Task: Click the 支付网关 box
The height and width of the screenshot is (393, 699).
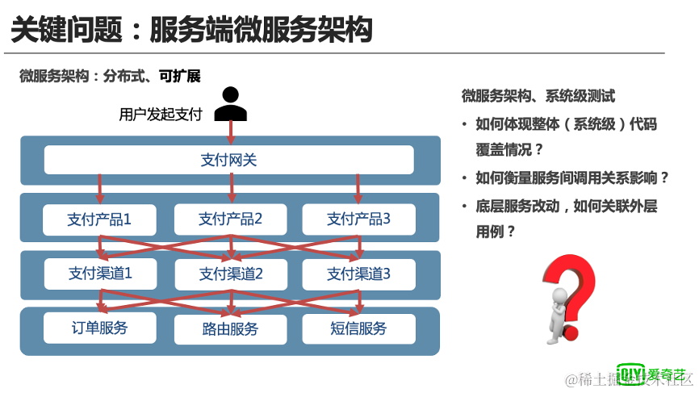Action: [x=228, y=160]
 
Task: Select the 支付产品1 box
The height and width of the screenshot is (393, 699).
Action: [x=99, y=219]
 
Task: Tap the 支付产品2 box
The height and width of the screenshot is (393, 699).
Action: [x=231, y=219]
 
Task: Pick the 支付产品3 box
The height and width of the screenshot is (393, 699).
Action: [x=358, y=219]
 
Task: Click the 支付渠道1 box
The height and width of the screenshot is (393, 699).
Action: [x=99, y=274]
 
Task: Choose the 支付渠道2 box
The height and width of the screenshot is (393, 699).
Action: [x=231, y=274]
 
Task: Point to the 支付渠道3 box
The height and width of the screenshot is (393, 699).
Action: [x=358, y=274]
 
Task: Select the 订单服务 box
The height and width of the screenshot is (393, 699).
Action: [x=99, y=328]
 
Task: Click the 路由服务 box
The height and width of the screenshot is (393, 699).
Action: [x=231, y=328]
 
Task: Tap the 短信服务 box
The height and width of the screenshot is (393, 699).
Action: [x=358, y=328]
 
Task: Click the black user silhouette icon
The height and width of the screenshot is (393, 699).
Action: [x=231, y=103]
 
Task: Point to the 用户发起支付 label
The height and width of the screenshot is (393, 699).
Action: [x=161, y=115]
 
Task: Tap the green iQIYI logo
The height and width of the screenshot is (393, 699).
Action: [x=651, y=374]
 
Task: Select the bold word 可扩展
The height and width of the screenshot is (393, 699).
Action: [x=179, y=76]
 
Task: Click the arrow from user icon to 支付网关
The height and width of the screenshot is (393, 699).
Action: [x=231, y=132]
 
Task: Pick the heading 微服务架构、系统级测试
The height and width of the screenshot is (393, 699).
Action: [x=538, y=96]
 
